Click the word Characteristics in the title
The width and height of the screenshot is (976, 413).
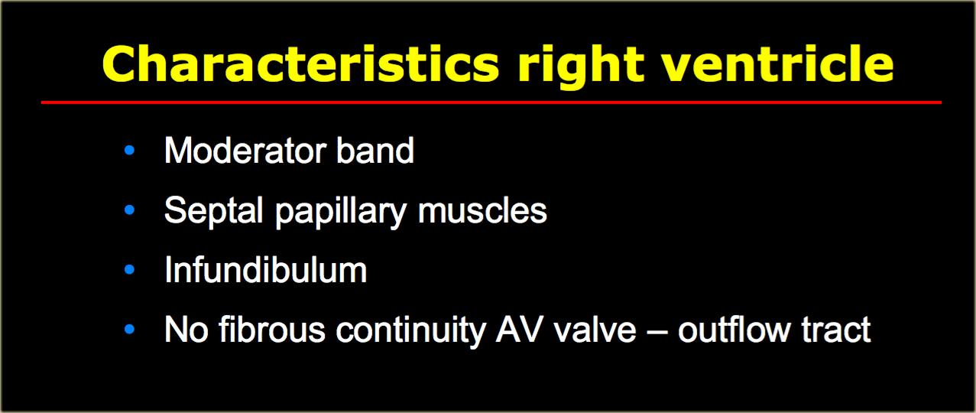pyautogui.click(x=300, y=63)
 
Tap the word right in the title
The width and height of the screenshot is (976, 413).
pyautogui.click(x=581, y=67)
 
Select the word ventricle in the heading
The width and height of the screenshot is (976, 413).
pyautogui.click(x=778, y=63)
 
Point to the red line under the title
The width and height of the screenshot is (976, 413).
pyautogui.click(x=491, y=102)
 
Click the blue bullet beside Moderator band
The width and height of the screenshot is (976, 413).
pyautogui.click(x=129, y=151)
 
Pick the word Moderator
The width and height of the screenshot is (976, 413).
pyautogui.click(x=245, y=151)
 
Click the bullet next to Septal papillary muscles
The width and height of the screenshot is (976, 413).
pyautogui.click(x=129, y=210)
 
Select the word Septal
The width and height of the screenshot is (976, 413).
pyautogui.click(x=213, y=210)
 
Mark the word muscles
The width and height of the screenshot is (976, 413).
pyautogui.click(x=482, y=210)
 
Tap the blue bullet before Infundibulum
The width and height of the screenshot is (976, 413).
pyautogui.click(x=129, y=269)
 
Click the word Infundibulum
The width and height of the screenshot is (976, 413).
pyautogui.click(x=266, y=269)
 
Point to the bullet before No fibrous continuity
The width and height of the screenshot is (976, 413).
pyautogui.click(x=129, y=330)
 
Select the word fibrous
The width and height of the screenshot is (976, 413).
pyautogui.click(x=272, y=330)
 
